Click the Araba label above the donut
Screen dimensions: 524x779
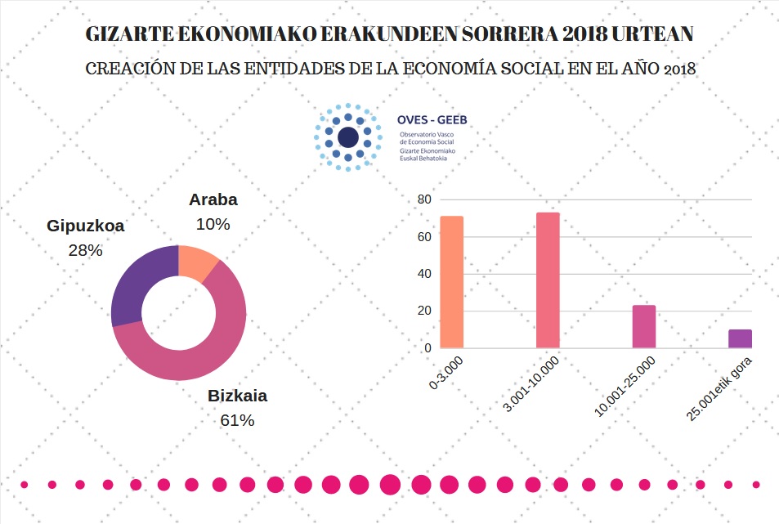click(x=213, y=199)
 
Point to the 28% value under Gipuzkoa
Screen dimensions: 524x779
click(x=85, y=250)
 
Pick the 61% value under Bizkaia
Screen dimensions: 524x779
click(x=237, y=420)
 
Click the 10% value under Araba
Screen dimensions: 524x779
click(x=213, y=223)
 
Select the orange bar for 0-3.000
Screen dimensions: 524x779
click(x=451, y=282)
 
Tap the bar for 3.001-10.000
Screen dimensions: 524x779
click(x=548, y=280)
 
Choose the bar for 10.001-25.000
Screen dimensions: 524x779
click(x=644, y=327)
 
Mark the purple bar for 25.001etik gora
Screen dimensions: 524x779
click(x=740, y=338)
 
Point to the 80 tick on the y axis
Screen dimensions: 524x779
click(x=424, y=199)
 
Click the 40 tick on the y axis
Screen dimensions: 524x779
click(x=424, y=274)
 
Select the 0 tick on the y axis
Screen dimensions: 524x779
click(x=428, y=347)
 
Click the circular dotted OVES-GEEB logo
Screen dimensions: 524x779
click(x=348, y=137)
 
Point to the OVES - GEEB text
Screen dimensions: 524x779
click(x=432, y=120)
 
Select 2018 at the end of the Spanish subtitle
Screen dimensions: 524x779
click(x=679, y=69)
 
